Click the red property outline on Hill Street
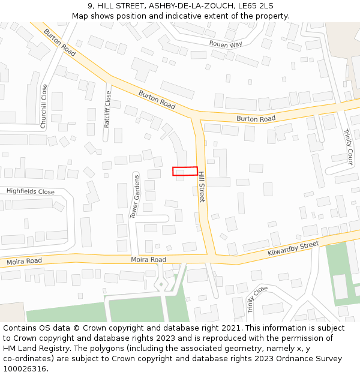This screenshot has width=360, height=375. tap(185, 171)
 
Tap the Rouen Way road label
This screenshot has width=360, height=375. tap(226, 44)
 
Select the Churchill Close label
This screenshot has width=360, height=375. tap(44, 106)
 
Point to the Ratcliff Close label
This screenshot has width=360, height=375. tap(107, 109)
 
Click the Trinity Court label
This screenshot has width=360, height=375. tap(347, 147)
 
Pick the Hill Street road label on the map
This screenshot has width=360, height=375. tap(202, 187)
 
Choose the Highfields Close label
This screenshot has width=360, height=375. tap(31, 192)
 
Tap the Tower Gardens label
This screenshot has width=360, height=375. tap(136, 197)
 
